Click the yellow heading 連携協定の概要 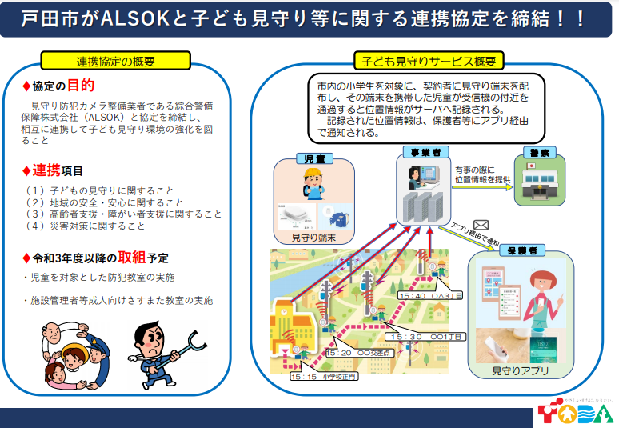(116, 62)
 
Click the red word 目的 (80, 86)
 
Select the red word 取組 (132, 258)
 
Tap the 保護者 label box (517, 250)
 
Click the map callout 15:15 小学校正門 (324, 375)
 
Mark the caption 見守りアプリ (521, 371)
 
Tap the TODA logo (575, 413)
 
